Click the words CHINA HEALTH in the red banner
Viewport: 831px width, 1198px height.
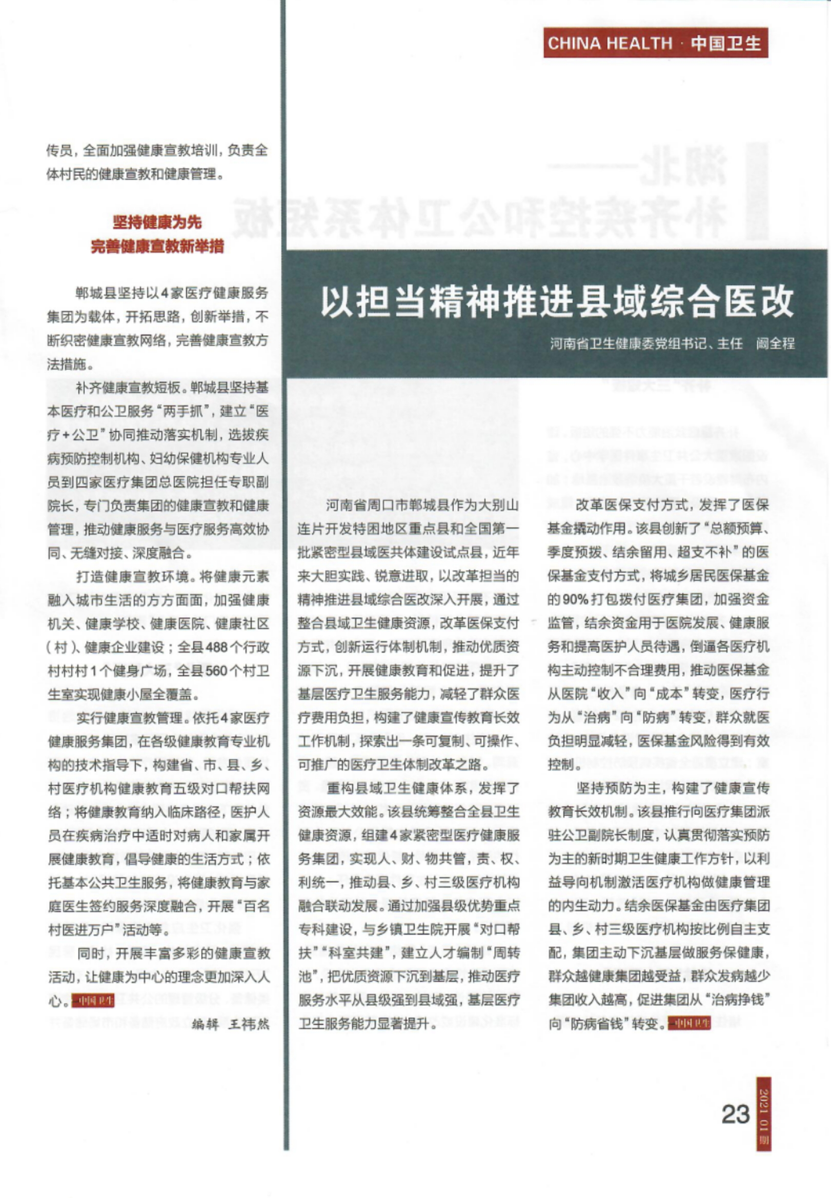[x=610, y=43]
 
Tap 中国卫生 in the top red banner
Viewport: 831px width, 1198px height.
[x=726, y=43]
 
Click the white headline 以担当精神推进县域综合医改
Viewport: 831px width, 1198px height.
[x=557, y=302]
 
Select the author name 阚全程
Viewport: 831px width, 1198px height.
[x=775, y=343]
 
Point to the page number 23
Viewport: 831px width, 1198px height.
[x=735, y=1114]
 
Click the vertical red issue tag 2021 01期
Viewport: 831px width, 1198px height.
[x=763, y=1114]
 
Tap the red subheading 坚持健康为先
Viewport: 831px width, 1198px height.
[x=157, y=222]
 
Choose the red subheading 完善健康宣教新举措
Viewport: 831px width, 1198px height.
[x=157, y=246]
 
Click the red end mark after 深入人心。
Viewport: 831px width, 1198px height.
[x=93, y=1001]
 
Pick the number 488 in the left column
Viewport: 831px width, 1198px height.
[x=217, y=647]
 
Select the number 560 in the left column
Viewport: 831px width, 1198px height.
[x=217, y=671]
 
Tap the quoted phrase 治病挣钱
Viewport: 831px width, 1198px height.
[x=740, y=1000]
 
